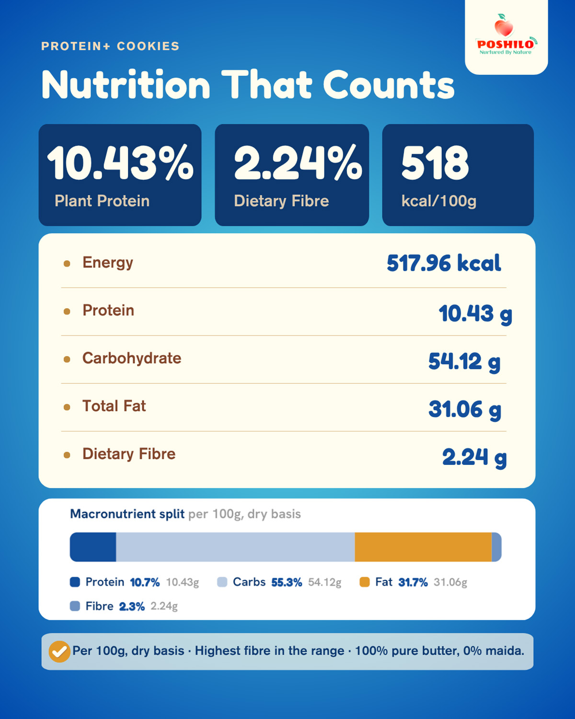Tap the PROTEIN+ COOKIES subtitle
(110, 46)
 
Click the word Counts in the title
(389, 84)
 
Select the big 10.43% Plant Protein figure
(120, 162)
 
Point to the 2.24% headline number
(298, 162)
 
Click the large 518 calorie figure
(435, 162)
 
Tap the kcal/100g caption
(439, 201)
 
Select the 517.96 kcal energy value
(444, 263)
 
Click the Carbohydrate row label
(132, 358)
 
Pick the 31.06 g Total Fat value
(465, 410)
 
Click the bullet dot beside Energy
(67, 264)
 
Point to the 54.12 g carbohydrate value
(464, 362)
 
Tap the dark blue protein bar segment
(93, 547)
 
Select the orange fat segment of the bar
(423, 547)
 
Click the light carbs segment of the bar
(235, 547)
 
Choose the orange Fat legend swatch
(365, 582)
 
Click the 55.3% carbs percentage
(287, 582)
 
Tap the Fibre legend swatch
(75, 606)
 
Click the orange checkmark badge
(59, 651)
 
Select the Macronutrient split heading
(127, 514)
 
